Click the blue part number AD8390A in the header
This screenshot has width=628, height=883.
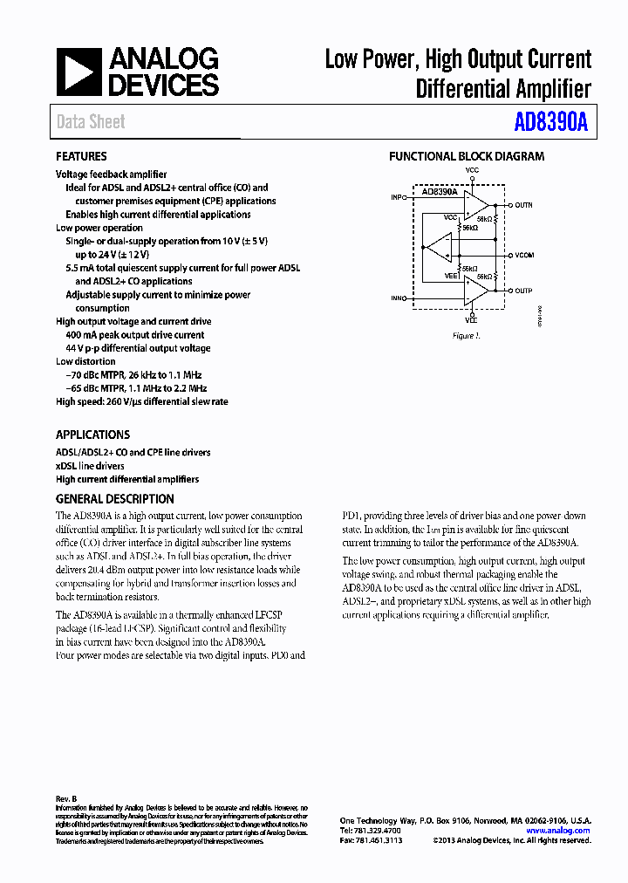tap(550, 123)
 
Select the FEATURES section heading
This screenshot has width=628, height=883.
tap(81, 157)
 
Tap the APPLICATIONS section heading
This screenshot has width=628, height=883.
tap(92, 435)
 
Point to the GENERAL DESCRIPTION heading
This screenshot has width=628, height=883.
tap(114, 499)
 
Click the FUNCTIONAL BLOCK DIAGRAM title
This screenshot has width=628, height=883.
tap(466, 157)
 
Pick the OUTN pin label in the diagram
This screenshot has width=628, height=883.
tap(523, 205)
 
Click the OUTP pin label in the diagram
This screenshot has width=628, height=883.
tap(523, 291)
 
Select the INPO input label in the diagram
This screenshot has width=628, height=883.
tap(399, 198)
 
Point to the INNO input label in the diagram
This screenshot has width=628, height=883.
tap(399, 298)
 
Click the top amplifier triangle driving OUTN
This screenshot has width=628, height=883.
tap(475, 204)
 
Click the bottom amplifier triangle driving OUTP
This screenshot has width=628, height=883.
tap(475, 291)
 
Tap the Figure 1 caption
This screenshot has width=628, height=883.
tap(466, 336)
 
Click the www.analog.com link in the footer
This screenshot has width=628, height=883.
tap(558, 831)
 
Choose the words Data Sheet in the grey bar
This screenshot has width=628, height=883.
tap(91, 122)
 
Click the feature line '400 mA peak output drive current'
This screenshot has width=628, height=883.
tap(135, 335)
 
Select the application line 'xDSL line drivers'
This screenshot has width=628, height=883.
tap(90, 466)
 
